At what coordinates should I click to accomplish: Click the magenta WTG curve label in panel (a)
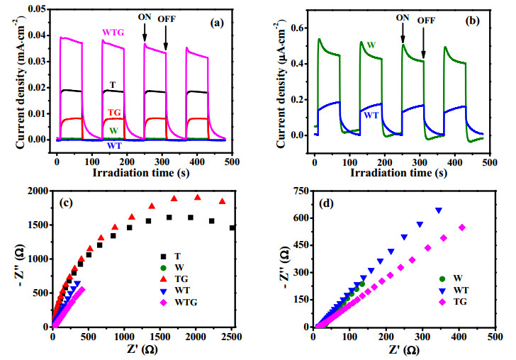(x=113, y=33)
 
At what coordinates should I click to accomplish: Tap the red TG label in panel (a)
(x=115, y=113)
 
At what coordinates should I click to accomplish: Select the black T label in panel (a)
(x=113, y=85)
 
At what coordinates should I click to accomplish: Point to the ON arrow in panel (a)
(x=145, y=33)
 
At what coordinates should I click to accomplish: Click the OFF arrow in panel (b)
(x=424, y=43)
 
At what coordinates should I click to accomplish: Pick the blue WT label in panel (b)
(x=371, y=116)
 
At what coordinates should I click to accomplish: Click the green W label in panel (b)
(x=371, y=45)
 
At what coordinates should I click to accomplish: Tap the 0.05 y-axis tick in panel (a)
(x=37, y=9)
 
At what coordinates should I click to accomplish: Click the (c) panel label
(x=66, y=203)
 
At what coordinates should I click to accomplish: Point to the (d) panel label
(x=326, y=203)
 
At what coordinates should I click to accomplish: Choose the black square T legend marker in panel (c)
(x=163, y=257)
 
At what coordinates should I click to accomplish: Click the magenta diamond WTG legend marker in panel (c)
(x=163, y=303)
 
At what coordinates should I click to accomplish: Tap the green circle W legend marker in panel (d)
(x=442, y=279)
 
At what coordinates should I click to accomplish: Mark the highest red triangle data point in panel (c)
(x=198, y=198)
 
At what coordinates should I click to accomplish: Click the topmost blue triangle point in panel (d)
(x=439, y=210)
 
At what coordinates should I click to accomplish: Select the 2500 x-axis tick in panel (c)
(x=232, y=337)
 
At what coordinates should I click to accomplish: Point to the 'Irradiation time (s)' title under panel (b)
(x=398, y=172)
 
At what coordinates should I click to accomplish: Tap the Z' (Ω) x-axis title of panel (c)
(x=142, y=349)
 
